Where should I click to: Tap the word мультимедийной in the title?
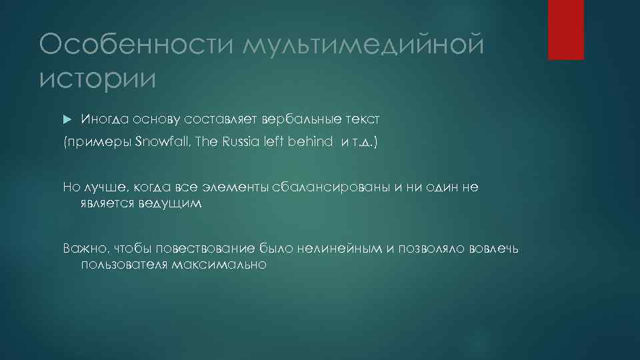(x=361, y=46)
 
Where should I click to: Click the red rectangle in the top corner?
(x=565, y=30)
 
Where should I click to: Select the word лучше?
(x=99, y=189)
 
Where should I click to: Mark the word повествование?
(x=206, y=249)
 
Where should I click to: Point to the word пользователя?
(x=124, y=265)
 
